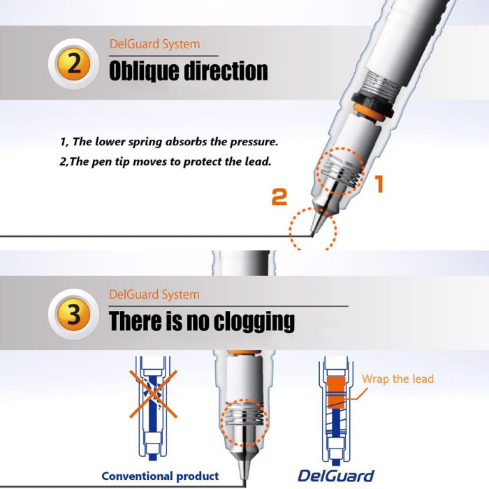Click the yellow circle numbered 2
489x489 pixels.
click(73, 64)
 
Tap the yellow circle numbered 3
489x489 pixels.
click(73, 314)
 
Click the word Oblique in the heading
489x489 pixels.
click(144, 72)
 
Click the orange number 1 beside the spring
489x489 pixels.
click(379, 183)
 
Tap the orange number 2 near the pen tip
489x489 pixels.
click(279, 197)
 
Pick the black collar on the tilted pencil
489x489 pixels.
click(372, 104)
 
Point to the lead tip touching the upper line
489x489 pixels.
click(312, 235)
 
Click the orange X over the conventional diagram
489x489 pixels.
click(154, 394)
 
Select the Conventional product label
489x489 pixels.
click(160, 476)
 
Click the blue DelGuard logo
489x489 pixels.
click(336, 476)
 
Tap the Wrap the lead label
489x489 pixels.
click(397, 379)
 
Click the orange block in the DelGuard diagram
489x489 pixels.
click(336, 393)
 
